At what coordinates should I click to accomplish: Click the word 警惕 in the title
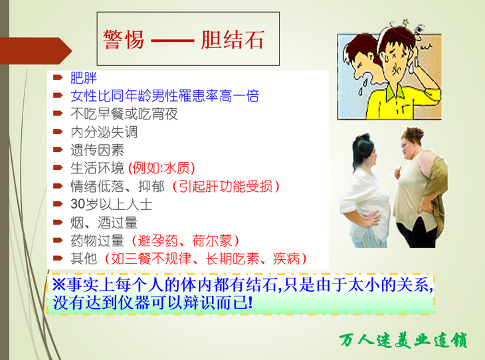124,40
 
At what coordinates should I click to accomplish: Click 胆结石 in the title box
233,40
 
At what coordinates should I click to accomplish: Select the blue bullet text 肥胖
84,78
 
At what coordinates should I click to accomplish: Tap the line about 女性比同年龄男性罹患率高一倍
165,96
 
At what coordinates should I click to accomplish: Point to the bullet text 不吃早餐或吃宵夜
124,114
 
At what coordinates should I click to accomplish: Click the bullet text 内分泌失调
104,132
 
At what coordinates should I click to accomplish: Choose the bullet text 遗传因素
97,150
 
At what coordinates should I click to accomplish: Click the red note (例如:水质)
161,168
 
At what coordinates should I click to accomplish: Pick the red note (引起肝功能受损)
225,186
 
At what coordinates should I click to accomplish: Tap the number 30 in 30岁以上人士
78,204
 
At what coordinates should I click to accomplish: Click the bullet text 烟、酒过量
104,223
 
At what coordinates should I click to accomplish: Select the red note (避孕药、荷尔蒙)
185,240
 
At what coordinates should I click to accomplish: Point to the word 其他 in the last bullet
84,258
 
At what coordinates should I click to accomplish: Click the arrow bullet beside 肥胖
58,77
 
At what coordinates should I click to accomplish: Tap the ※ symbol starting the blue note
58,284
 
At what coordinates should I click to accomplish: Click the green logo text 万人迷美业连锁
403,340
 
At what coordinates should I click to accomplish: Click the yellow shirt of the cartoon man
399,102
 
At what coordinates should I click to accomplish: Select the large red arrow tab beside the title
36,50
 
